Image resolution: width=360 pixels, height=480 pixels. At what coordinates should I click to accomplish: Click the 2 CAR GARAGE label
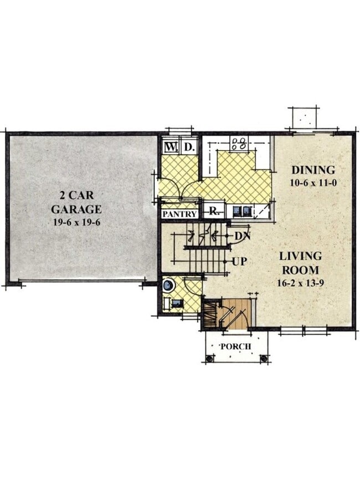pos(76,202)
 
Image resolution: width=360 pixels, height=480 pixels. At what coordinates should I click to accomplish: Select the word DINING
pos(313,170)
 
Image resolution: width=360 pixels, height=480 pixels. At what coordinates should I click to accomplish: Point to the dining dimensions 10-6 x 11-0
pos(314,182)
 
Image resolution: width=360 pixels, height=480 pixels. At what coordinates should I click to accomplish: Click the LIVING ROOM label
pos(300,263)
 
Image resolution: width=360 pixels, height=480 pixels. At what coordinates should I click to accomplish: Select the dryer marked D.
pos(188,148)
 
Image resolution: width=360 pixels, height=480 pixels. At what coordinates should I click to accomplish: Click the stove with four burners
pos(239,144)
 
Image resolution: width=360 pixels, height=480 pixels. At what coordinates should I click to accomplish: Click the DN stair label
pos(241,236)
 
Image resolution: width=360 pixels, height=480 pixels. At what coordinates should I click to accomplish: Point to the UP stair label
pos(239,261)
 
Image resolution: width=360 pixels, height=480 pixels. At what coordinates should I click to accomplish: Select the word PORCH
pos(235,347)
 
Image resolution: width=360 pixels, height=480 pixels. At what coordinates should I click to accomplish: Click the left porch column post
pos(209,359)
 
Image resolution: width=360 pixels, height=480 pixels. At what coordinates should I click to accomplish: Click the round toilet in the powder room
pos(168,286)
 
